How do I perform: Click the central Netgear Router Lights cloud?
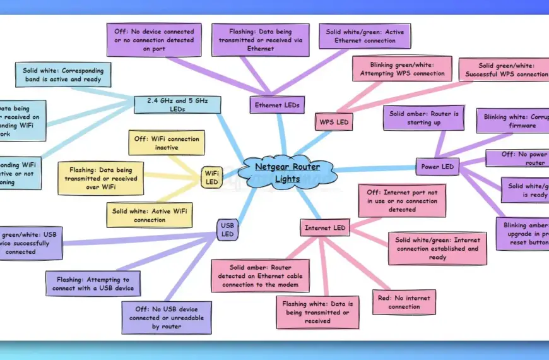coord(287,172)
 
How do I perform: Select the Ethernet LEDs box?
coord(276,105)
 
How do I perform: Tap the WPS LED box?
coord(333,121)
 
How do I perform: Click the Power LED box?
coord(437,167)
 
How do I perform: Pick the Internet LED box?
coord(325,227)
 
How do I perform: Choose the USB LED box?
coord(227,229)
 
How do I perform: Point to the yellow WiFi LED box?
coord(211,177)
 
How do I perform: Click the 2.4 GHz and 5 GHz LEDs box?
coord(178,105)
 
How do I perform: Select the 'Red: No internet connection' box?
coord(404,302)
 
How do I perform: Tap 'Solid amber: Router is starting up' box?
coord(423,118)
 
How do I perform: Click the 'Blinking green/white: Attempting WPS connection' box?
coord(402,69)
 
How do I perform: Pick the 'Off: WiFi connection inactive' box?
coord(167,143)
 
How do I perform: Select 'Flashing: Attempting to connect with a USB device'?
coord(93,282)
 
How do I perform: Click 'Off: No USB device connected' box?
coord(167,317)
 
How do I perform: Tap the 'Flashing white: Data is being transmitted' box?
coord(317,312)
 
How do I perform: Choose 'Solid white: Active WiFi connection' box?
coord(150,215)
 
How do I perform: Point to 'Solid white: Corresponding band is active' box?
coord(63,75)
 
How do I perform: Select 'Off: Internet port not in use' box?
coord(402,200)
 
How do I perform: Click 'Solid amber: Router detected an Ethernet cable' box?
coord(260,275)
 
